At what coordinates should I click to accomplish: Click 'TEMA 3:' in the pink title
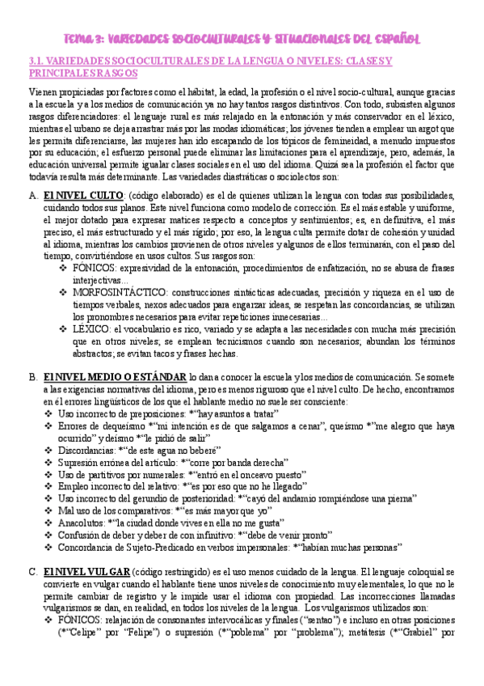tap(84, 38)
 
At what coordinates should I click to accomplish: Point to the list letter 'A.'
tap(32, 195)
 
